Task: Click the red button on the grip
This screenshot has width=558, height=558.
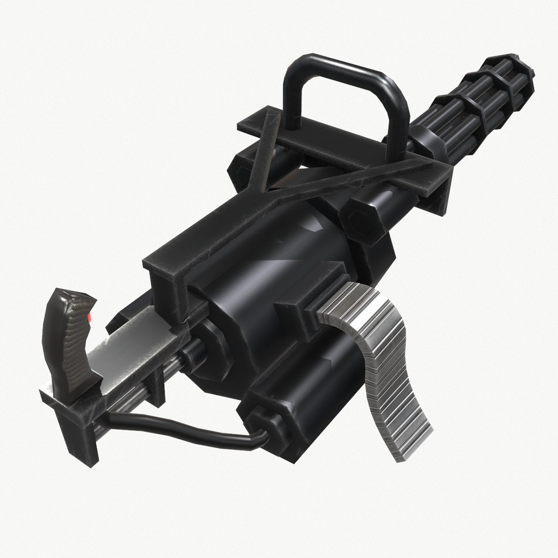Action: [x=91, y=317]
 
